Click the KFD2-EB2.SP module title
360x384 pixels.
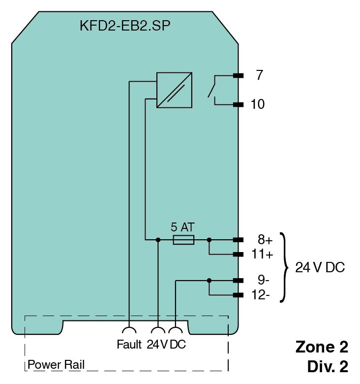click(125, 26)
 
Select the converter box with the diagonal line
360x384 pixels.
click(174, 90)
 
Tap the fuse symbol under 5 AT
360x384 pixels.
click(183, 240)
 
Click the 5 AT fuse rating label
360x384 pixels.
click(182, 227)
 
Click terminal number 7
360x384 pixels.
click(259, 75)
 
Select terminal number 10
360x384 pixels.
click(257, 104)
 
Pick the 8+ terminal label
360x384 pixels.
click(265, 240)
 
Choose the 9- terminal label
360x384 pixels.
click(264, 281)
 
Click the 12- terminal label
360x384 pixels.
click(261, 295)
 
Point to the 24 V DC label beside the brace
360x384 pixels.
click(320, 268)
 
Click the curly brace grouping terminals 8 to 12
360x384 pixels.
click(284, 267)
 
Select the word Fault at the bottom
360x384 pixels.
click(129, 345)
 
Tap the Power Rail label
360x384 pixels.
click(56, 365)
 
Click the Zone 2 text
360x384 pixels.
click(322, 347)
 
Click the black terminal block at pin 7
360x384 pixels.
click(239, 76)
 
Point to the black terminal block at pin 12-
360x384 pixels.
click(239, 295)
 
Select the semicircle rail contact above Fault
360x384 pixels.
click(129, 331)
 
